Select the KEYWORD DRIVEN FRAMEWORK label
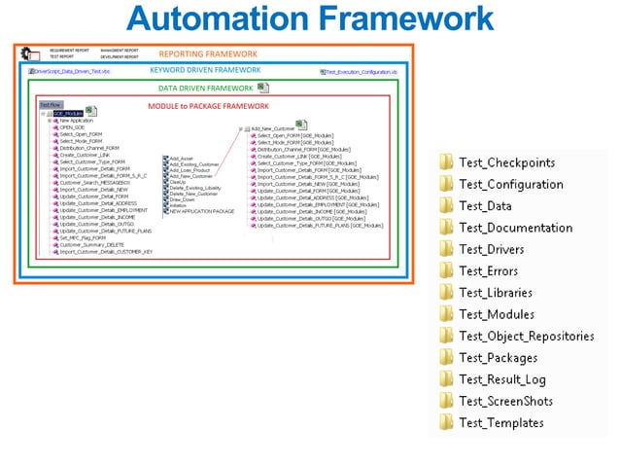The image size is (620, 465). (x=205, y=70)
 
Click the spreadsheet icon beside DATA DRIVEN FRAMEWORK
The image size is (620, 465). (x=263, y=88)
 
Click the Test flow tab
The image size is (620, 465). (x=50, y=104)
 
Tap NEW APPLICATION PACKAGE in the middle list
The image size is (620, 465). (x=201, y=211)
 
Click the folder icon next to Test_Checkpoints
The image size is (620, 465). (x=446, y=162)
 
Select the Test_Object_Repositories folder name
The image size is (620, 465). (x=526, y=337)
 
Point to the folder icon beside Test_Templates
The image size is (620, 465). (x=446, y=423)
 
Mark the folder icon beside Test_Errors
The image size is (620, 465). (x=446, y=271)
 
